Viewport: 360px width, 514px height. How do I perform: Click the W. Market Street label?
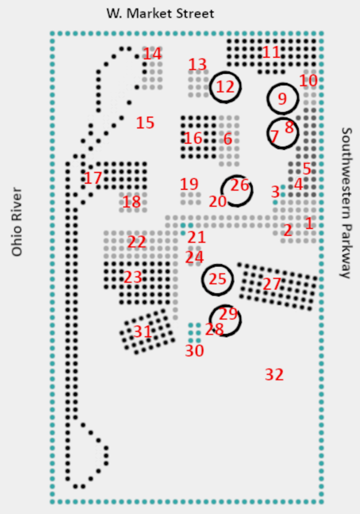pos(160,14)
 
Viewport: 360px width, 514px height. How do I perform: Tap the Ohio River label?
pos(18,222)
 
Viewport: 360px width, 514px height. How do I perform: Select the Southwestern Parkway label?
pos(346,202)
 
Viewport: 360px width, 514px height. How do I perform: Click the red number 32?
pos(274,374)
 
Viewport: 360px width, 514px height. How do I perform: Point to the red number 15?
pos(145,122)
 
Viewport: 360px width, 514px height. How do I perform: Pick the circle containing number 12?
pos(225,87)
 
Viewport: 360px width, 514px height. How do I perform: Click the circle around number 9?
pos(282,99)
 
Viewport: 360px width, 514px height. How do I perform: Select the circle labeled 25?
pos(218,279)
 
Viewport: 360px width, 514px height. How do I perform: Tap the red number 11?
pos(271,52)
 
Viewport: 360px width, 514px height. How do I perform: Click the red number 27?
pos(272,284)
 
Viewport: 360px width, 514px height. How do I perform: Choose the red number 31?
pos(143,332)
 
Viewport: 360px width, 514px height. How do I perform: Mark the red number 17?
pos(93,178)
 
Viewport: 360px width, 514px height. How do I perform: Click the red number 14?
pos(153,54)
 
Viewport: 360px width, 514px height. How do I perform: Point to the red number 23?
pos(133,277)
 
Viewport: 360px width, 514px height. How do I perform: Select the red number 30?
pos(194,351)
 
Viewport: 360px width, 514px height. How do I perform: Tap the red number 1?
pos(309,223)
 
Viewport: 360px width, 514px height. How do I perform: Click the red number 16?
pos(193,138)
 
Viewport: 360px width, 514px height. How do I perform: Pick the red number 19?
pos(189,184)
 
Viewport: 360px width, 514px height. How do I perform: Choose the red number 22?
pos(137,242)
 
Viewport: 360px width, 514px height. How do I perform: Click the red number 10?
pos(309,80)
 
